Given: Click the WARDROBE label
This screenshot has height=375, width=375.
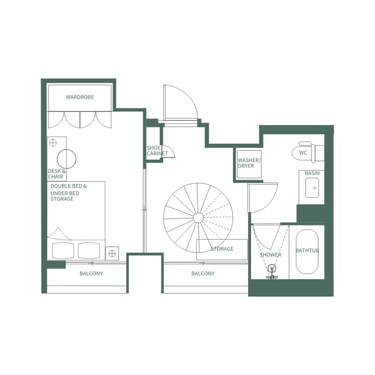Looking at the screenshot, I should click(x=80, y=97).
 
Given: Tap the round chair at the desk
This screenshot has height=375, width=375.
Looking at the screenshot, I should click(x=67, y=159).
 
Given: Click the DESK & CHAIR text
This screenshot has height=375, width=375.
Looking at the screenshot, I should click(x=57, y=174).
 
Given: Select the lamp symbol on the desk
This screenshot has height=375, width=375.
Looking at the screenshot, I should click(x=53, y=142).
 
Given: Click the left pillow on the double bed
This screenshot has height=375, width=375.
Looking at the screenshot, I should click(x=64, y=251).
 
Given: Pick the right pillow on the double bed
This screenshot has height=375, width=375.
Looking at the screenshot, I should click(x=89, y=251).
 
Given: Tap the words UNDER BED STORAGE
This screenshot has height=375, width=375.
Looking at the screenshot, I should click(x=62, y=196).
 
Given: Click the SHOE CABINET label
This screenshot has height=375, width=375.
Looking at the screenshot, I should click(x=157, y=151).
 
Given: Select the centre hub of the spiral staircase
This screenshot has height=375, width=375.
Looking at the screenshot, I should click(x=198, y=217).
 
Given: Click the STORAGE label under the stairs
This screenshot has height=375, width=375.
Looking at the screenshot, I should click(x=222, y=249).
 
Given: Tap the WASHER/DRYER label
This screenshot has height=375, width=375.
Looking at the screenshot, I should click(x=248, y=163).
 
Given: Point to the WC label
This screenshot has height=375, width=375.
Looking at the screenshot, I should click(x=303, y=153).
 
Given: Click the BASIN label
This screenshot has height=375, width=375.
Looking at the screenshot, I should click(x=312, y=173).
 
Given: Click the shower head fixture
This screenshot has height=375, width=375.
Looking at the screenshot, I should click(x=271, y=270).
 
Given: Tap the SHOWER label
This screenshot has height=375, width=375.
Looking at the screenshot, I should click(x=270, y=255).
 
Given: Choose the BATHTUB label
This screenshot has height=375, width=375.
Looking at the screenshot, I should click(x=307, y=251).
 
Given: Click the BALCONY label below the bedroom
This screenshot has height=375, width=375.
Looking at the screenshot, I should click(x=91, y=274).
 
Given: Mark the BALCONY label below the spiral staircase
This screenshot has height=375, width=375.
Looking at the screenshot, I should click(x=203, y=274).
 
